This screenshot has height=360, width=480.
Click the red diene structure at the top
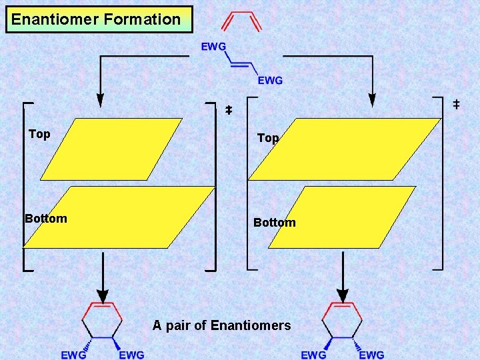pyautogui.click(x=241, y=21)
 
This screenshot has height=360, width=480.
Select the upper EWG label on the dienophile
pyautogui.click(x=213, y=47)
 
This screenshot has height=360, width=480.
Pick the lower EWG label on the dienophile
pyautogui.click(x=270, y=81)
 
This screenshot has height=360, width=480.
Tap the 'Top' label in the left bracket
pyautogui.click(x=39, y=134)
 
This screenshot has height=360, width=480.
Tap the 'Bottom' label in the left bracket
pyautogui.click(x=46, y=219)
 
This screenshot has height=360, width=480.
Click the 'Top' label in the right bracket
pyautogui.click(x=267, y=138)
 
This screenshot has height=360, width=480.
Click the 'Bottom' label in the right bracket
pyautogui.click(x=274, y=223)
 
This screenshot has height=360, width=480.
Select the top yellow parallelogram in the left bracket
pyautogui.click(x=111, y=149)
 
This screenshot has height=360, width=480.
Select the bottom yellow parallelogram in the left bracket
pyautogui.click(x=119, y=217)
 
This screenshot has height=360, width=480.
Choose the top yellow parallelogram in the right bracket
pyautogui.click(x=345, y=149)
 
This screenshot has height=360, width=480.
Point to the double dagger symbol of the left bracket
pyautogui.click(x=228, y=109)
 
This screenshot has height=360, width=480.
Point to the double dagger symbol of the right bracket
pyautogui.click(x=456, y=104)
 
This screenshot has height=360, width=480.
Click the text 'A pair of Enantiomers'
pyautogui.click(x=221, y=325)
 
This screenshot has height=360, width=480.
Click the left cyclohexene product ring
pyautogui.click(x=102, y=321)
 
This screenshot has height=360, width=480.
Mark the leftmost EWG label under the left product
pyautogui.click(x=73, y=355)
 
